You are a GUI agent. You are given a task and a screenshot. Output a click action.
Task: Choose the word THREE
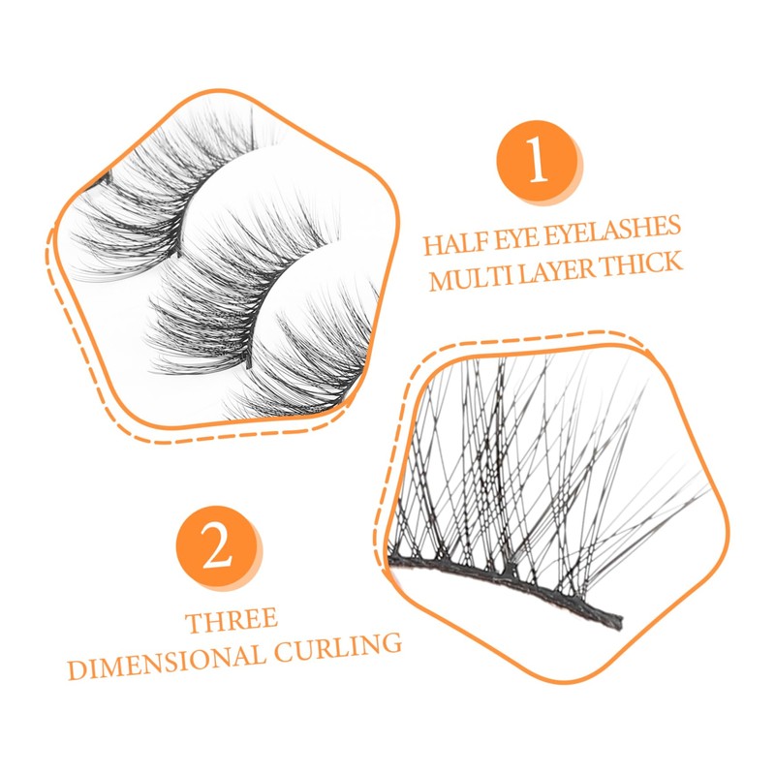point(232,620)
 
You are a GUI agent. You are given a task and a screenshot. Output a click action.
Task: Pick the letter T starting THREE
point(195,620)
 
